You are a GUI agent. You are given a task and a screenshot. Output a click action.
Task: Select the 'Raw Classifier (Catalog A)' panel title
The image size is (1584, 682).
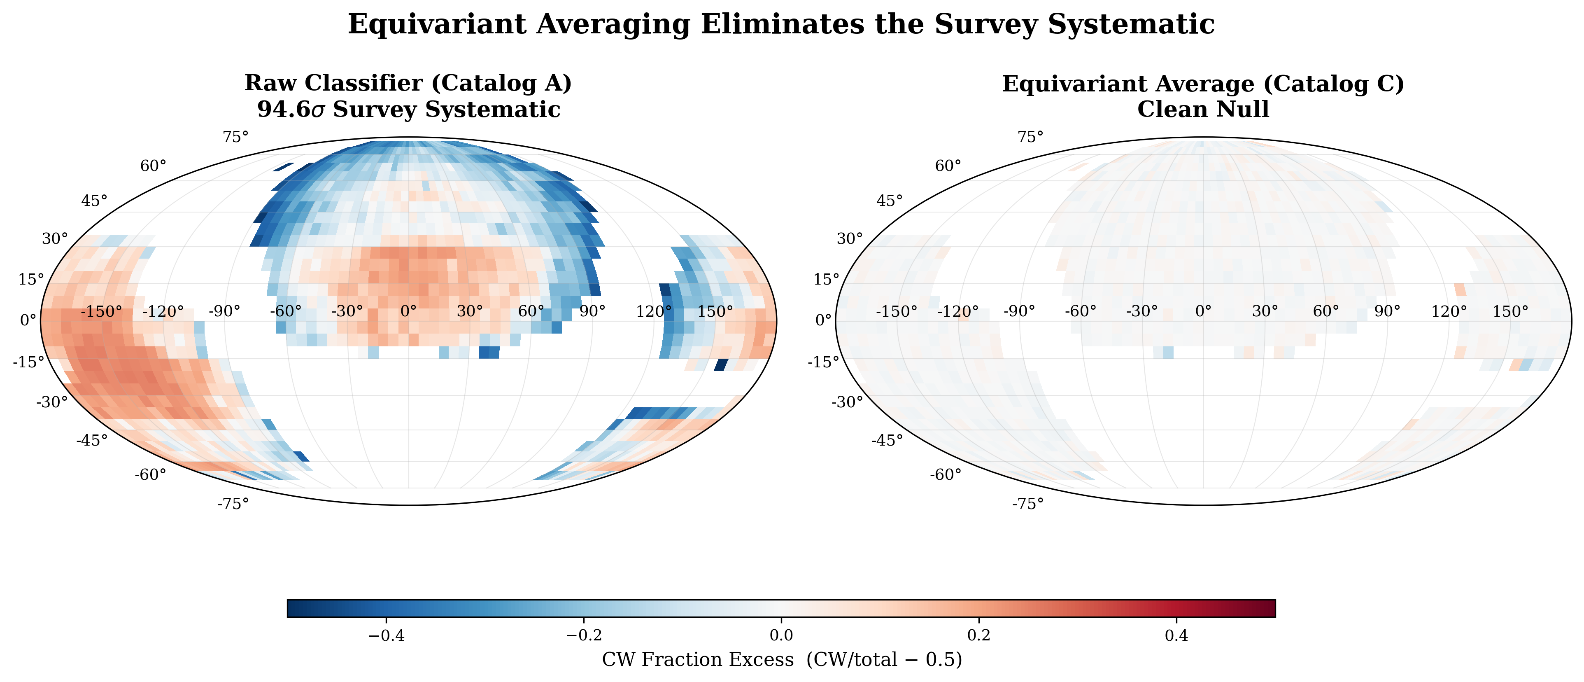click(408, 83)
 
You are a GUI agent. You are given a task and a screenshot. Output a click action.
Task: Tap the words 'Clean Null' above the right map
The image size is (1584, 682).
click(1203, 110)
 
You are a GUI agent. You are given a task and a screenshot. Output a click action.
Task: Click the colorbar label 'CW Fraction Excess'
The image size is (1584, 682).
click(697, 660)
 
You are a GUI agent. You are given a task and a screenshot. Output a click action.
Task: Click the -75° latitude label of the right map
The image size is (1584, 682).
click(1027, 504)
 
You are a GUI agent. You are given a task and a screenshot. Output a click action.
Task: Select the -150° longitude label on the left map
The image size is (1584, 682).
click(101, 312)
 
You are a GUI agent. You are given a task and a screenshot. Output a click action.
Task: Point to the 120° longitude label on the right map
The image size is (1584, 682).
click(1449, 312)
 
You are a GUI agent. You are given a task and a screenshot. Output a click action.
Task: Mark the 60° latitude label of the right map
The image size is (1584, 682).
click(948, 166)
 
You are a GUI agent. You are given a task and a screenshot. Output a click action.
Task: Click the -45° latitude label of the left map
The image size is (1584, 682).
click(92, 440)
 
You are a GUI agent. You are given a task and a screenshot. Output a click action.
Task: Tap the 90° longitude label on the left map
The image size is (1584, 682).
click(592, 312)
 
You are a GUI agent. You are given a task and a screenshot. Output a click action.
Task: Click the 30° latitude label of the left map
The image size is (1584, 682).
click(55, 238)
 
